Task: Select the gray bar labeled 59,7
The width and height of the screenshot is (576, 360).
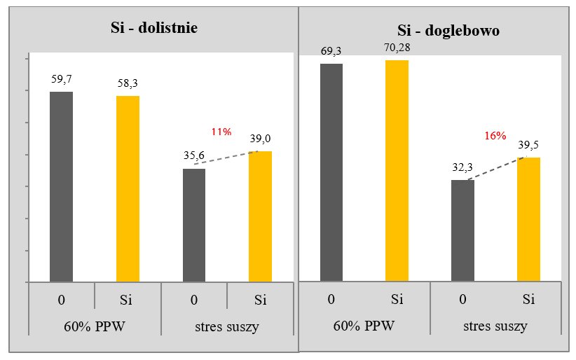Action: pyautogui.click(x=61, y=186)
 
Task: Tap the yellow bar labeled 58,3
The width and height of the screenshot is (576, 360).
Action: pyautogui.click(x=128, y=188)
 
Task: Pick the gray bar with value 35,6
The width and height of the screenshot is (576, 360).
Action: pyautogui.click(x=194, y=225)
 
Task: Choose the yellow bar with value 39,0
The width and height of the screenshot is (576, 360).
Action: pyautogui.click(x=261, y=216)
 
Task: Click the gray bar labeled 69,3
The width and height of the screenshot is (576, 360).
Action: pyautogui.click(x=331, y=172)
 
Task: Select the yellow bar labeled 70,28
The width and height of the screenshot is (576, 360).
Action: pyautogui.click(x=397, y=171)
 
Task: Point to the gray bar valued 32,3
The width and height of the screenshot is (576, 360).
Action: pyautogui.click(x=462, y=230)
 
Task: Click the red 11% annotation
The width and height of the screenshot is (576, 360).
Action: pyautogui.click(x=221, y=132)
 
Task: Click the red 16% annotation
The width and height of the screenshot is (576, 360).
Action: pyautogui.click(x=495, y=136)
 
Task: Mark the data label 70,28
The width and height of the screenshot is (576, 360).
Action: pyautogui.click(x=397, y=50)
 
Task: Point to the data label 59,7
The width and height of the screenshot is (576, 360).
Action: pyautogui.click(x=62, y=80)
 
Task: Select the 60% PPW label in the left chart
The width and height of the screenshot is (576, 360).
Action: pyautogui.click(x=95, y=326)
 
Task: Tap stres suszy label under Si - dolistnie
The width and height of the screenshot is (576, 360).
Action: pyautogui.click(x=228, y=326)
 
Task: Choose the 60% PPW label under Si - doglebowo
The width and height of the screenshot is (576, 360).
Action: pyautogui.click(x=364, y=326)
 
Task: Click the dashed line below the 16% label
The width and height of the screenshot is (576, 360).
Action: pyautogui.click(x=495, y=169)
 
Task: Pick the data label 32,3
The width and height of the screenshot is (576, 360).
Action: pyautogui.click(x=462, y=168)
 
